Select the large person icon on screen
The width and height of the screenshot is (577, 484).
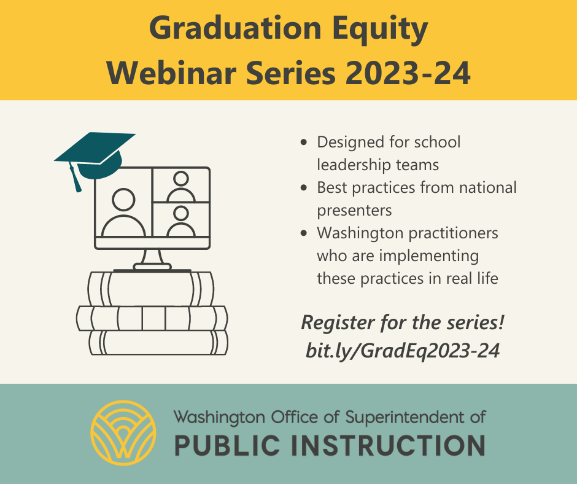pyautogui.click(x=123, y=213)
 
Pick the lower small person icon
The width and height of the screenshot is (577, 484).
pyautogui.click(x=180, y=221)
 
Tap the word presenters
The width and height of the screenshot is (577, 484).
pyautogui.click(x=354, y=210)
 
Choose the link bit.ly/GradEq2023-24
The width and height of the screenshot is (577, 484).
pyautogui.click(x=402, y=350)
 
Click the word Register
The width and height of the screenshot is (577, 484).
pyautogui.click(x=331, y=322)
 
